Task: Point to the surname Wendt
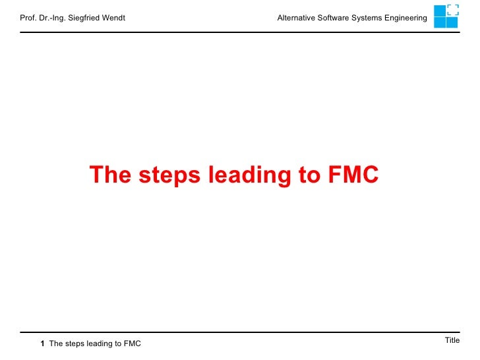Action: tap(113, 18)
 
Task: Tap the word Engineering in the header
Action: tap(407, 18)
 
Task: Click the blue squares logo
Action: tap(446, 16)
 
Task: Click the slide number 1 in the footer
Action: tap(42, 344)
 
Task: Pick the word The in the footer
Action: tap(56, 344)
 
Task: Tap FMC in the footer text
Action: tap(133, 344)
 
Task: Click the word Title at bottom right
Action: tap(452, 340)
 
